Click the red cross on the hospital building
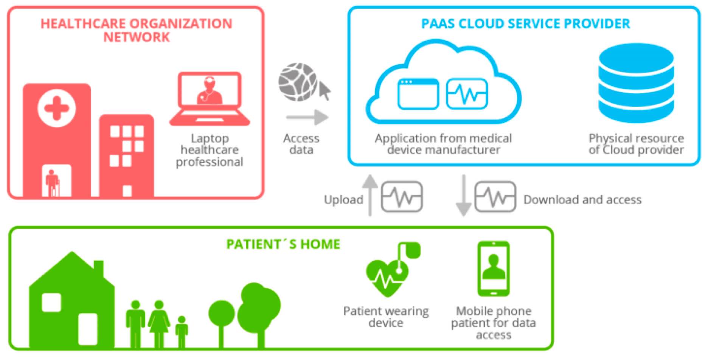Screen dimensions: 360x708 pos(57,108)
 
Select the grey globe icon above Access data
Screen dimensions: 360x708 pos(298,82)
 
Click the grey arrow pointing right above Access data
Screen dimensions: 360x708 pos(307,117)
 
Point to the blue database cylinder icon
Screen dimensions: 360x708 pos(636,83)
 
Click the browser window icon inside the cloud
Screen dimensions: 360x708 pos(418,94)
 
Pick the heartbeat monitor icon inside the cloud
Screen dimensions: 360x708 pos(467,93)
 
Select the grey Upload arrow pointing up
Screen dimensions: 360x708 pos(370,195)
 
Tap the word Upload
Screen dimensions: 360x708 pos(343,199)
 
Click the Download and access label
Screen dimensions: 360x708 pos(582,199)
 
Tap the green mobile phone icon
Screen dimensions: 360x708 pos(494,269)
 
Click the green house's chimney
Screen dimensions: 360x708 pos(99,268)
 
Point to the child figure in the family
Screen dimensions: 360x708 pos(182,331)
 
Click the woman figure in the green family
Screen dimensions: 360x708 pos(159,323)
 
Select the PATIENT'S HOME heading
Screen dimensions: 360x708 pos(283,244)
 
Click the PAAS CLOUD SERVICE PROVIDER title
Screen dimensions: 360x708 pos(525,24)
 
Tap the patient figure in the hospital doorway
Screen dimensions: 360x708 pos(52,182)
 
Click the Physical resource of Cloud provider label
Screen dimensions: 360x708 pos(636,144)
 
